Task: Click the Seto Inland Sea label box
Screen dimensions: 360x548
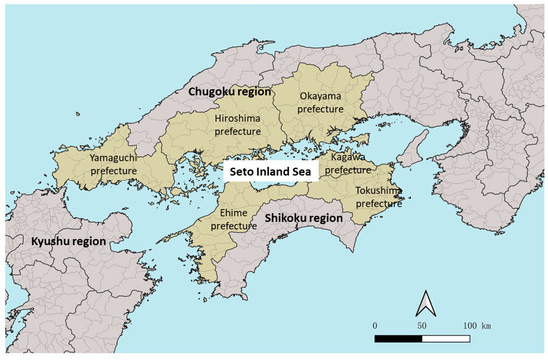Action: pyautogui.click(x=271, y=171)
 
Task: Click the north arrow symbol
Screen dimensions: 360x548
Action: pyautogui.click(x=425, y=299)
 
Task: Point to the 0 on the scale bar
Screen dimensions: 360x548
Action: pyautogui.click(x=375, y=326)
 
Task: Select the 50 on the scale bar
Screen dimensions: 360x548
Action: pyautogui.click(x=421, y=326)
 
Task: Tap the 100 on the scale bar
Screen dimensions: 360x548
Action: pyautogui.click(x=469, y=326)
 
